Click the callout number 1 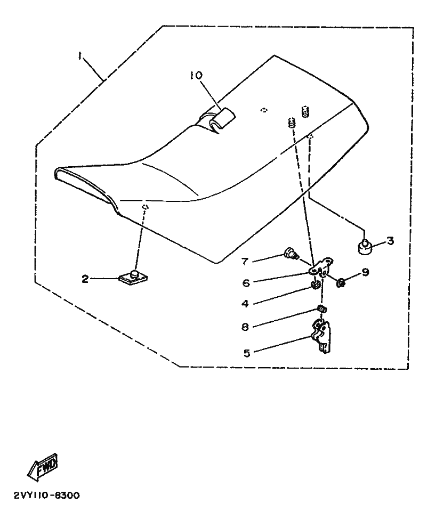tap(80, 55)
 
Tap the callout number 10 tap(196, 76)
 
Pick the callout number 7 tap(245, 261)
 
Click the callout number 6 tap(245, 282)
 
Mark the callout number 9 tap(365, 272)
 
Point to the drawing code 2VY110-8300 tap(43, 495)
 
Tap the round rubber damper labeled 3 tap(364, 247)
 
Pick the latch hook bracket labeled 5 tap(321, 336)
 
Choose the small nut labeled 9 tap(341, 282)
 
